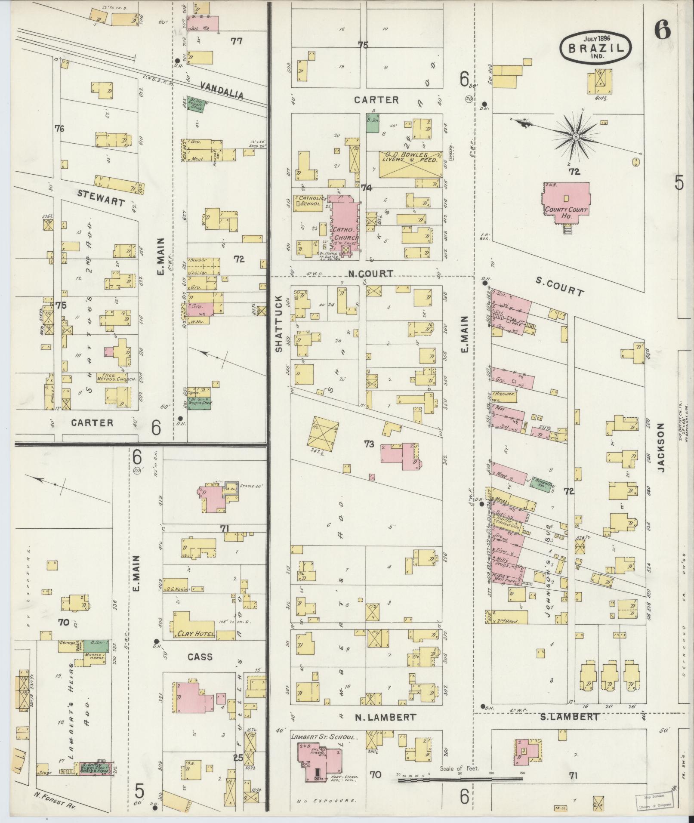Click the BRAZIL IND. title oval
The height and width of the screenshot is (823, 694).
point(596,46)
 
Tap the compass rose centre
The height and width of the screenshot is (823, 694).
point(575,136)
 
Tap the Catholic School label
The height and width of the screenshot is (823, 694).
point(308,201)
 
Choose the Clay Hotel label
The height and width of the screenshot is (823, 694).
point(193,634)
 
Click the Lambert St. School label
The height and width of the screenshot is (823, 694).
point(324,737)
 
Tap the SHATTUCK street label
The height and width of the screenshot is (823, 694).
point(278,324)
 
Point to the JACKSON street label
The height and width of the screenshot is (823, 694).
point(661,447)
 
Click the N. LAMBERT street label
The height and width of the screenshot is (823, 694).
point(385,717)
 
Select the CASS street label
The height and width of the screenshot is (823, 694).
point(200,657)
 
